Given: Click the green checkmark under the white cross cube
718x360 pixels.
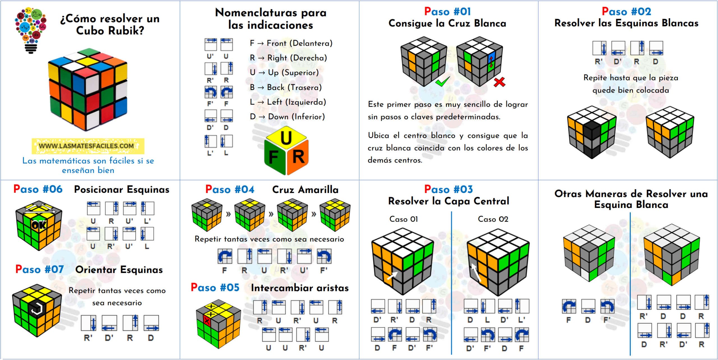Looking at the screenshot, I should point(442,82).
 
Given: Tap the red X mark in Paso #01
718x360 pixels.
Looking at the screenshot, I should point(499,82).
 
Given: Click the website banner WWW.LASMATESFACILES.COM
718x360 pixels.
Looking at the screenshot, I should point(88,146).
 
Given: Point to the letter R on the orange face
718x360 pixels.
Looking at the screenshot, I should point(298,157).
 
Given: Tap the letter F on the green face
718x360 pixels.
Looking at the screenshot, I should point(273,157).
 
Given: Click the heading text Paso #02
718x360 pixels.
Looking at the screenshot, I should point(626,12).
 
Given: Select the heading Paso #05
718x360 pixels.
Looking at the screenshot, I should point(215,288).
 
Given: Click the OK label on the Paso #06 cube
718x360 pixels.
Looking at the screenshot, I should point(39,225).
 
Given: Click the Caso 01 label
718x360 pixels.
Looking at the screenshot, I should point(404,219).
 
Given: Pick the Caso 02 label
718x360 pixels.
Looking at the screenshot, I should point(493,219).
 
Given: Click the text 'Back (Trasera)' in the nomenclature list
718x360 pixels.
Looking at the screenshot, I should point(294,88).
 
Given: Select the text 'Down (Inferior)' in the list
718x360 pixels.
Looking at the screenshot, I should point(296,117).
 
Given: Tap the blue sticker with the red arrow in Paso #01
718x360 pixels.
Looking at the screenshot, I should point(491,61).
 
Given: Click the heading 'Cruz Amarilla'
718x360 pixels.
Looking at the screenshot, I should point(305,190).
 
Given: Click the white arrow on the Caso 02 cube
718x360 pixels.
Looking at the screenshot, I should point(476,272).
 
